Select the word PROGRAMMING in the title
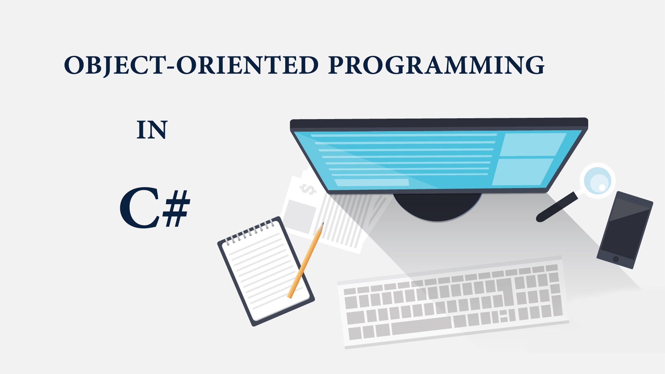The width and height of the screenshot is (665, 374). point(436,65)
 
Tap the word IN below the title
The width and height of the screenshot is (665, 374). point(152,130)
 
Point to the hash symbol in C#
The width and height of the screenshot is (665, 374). point(177,209)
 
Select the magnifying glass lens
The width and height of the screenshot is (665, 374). point(597,181)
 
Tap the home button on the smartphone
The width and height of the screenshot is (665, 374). point(616,259)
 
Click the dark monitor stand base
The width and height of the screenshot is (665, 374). point(437,207)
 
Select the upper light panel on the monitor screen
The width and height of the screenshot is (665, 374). point(532,144)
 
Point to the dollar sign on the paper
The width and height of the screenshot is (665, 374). point(307,189)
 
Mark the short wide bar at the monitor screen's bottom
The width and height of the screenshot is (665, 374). point(372,182)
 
